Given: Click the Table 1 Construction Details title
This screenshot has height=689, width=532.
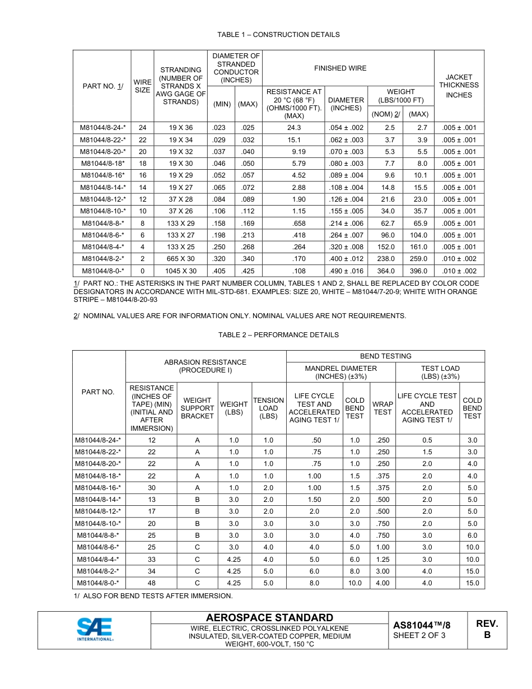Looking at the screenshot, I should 278,35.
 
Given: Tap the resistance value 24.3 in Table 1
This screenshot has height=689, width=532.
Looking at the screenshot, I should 294,128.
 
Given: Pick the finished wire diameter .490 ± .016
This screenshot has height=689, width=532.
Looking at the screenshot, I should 346,271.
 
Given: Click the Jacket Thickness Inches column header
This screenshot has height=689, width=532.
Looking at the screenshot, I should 459,86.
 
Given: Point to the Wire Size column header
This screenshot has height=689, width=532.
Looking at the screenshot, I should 142,86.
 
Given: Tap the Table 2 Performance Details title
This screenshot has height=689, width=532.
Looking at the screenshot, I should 278,335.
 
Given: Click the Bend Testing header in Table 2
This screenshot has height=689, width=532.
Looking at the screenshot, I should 385,356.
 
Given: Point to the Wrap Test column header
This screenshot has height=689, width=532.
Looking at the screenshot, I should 382,408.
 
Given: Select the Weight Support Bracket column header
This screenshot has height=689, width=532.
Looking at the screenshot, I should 197,408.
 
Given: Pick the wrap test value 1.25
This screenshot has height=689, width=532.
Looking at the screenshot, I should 382,559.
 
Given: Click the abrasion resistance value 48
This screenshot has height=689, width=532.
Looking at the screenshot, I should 152,583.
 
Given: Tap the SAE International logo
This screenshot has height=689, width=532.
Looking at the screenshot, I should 95,630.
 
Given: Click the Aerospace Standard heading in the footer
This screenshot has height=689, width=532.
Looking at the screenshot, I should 269,618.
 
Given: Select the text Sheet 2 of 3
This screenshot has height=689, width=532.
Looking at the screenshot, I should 419,635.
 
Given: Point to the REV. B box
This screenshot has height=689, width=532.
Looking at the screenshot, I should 487,630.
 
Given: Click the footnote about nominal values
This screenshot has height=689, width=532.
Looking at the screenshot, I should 240,316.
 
